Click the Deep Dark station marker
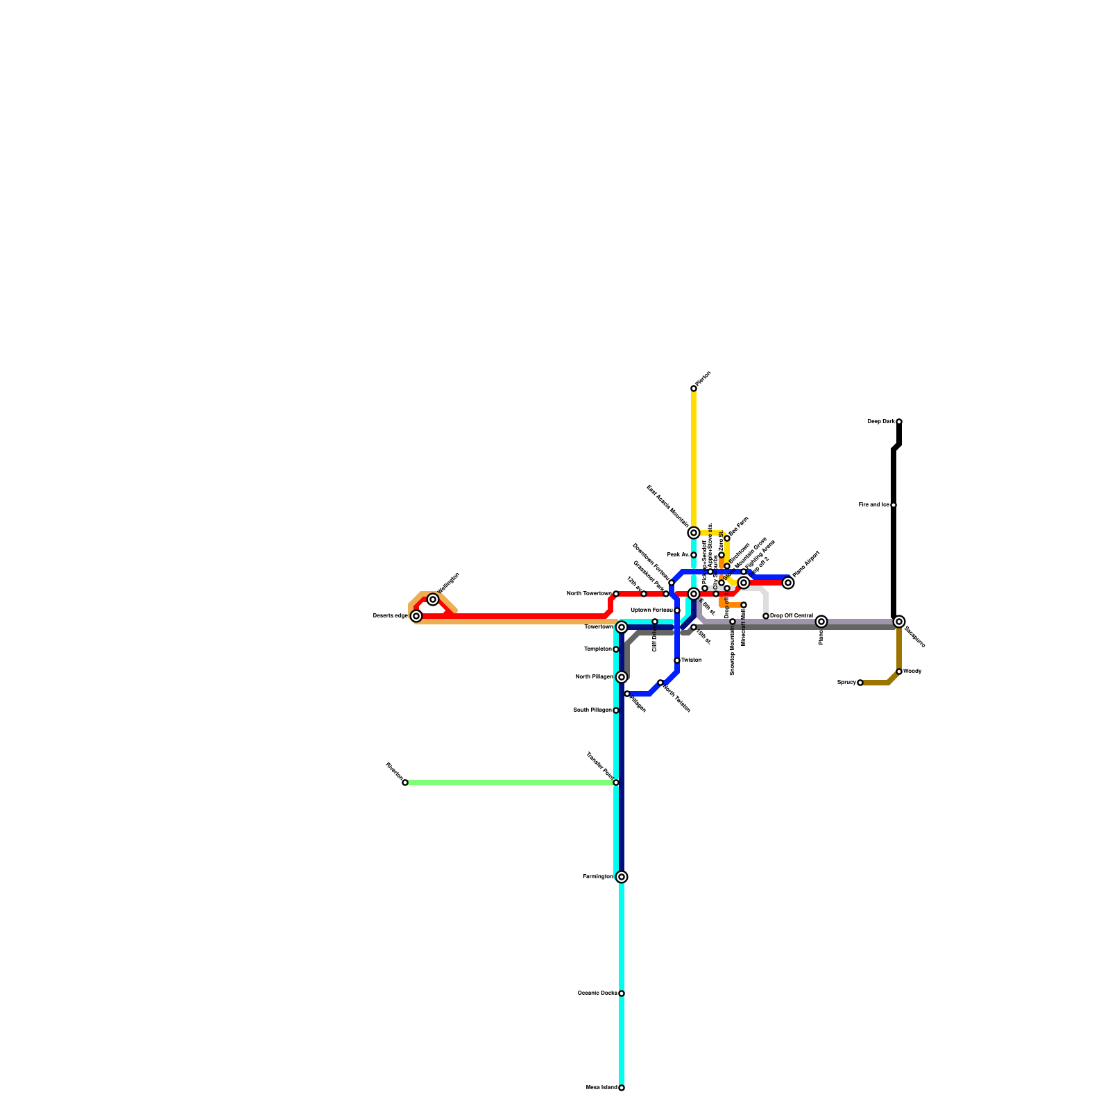[x=898, y=422]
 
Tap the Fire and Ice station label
[x=873, y=505]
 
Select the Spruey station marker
[x=860, y=683]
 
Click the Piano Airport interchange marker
[x=788, y=583]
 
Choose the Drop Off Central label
[x=792, y=616]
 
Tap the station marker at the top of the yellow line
[x=694, y=388]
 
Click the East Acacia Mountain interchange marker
[x=694, y=533]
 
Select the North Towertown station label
[x=589, y=594]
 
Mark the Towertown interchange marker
[x=622, y=627]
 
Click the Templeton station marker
[x=616, y=649]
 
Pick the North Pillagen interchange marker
[x=622, y=677]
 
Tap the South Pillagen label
[x=592, y=710]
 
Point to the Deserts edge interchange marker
[x=416, y=616]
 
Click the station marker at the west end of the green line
[x=405, y=783]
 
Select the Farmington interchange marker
[x=622, y=877]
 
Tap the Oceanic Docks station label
[x=597, y=993]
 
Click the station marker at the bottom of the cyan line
[x=622, y=1088]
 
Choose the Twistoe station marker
[x=677, y=660]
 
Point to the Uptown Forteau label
[x=651, y=610]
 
